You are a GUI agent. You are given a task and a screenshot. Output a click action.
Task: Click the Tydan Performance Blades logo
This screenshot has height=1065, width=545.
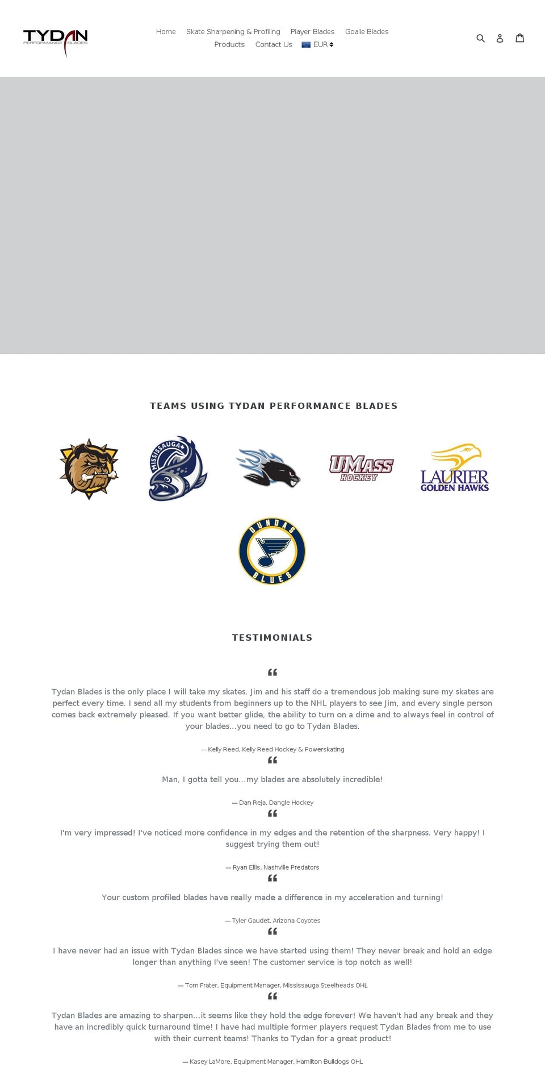coord(55,41)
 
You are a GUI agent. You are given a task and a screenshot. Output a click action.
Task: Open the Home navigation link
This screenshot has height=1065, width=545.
coord(166,32)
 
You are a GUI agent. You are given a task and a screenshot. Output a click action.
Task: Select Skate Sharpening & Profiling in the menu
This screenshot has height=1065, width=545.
coord(233,32)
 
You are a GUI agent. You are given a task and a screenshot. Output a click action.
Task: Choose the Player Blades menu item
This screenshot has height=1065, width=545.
coord(312,32)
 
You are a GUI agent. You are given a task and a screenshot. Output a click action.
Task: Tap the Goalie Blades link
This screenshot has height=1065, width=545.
coord(367,32)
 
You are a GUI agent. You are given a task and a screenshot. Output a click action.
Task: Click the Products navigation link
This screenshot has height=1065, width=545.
coord(229,44)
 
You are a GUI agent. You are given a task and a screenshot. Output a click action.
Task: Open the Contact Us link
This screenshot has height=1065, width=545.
coord(274,44)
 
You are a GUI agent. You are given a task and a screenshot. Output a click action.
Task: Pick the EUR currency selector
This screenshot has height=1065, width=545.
coord(318,44)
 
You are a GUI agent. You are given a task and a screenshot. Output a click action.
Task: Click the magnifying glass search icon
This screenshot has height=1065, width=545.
coord(480,38)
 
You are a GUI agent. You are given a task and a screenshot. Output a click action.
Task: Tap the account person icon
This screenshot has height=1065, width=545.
coord(500,38)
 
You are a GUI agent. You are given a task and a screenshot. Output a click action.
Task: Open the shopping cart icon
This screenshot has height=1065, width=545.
coord(519,38)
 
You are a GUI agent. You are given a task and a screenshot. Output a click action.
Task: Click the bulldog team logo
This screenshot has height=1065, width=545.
coord(89,469)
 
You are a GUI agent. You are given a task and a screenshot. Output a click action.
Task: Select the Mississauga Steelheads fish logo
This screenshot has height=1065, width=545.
coord(178,469)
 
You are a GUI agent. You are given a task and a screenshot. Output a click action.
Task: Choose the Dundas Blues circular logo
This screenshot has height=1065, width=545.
coord(272,551)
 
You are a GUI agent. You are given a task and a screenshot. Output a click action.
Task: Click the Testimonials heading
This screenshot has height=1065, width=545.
coord(272,637)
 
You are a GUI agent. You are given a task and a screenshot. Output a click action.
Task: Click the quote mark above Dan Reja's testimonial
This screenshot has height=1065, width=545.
coord(272,760)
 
